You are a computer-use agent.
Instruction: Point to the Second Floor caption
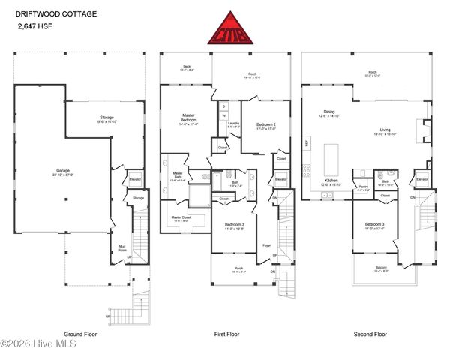point(373,333)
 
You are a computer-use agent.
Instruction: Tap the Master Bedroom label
point(189,118)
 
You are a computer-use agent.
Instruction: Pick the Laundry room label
point(233,124)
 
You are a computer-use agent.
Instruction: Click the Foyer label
point(265,244)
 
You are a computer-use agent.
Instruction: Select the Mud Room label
point(121,246)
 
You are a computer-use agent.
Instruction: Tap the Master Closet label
point(183,218)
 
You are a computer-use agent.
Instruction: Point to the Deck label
point(187,67)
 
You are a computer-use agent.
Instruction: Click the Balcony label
point(382,272)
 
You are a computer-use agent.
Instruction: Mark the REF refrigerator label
point(306,142)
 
